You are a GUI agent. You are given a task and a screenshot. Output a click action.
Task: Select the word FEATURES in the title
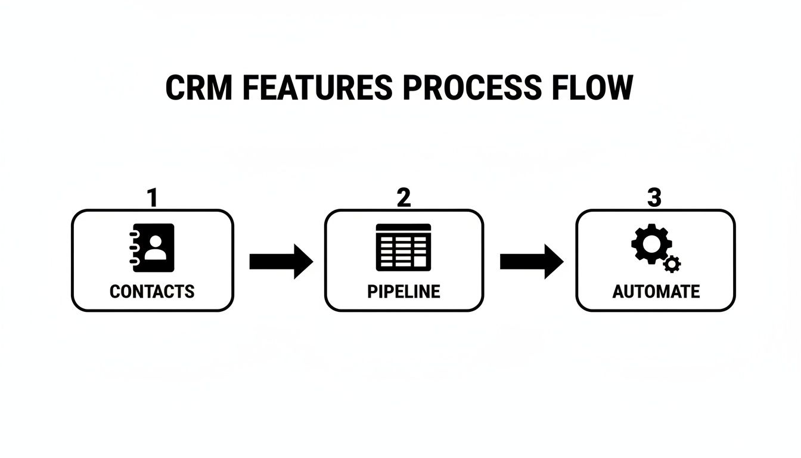tap(318, 88)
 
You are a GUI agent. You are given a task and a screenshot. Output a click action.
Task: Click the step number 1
tap(153, 198)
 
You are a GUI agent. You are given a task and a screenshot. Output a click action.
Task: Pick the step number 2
tap(404, 198)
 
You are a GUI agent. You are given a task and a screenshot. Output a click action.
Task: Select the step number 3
tap(654, 198)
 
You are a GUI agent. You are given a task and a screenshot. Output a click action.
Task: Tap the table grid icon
tap(403, 247)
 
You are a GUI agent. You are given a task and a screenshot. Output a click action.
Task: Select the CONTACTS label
tap(152, 292)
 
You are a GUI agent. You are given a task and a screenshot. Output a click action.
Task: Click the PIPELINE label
tap(403, 292)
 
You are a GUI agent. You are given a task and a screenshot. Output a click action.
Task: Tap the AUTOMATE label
tap(656, 292)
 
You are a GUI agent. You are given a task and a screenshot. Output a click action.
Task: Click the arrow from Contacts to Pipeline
tap(280, 261)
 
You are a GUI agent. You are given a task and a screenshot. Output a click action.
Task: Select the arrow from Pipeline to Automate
tap(531, 261)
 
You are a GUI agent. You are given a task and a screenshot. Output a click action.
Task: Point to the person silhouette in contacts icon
tap(156, 247)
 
